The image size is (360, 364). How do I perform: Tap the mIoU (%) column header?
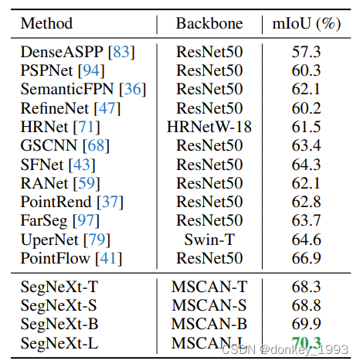306,23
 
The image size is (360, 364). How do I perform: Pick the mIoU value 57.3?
306,53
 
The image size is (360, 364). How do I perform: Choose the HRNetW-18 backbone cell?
209,126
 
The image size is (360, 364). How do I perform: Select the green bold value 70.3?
306,342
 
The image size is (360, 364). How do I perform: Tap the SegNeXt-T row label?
54,286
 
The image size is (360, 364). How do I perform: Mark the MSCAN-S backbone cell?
209,304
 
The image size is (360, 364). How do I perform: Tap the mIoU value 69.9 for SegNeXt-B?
306,322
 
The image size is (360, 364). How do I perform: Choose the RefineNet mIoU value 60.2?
306,107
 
